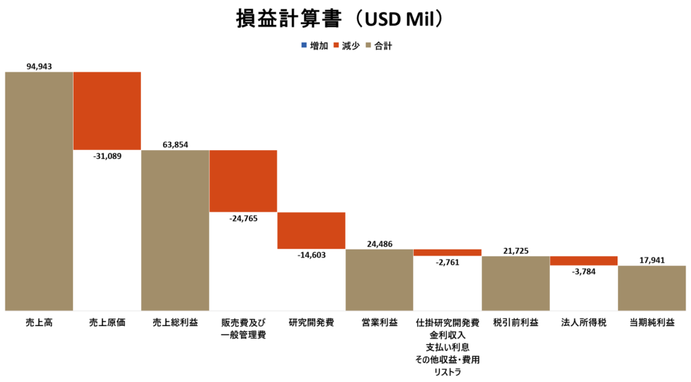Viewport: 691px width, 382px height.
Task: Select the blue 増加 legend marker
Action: click(x=304, y=45)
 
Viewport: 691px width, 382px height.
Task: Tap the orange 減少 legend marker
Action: click(x=336, y=45)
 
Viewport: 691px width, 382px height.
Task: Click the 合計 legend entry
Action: click(x=379, y=45)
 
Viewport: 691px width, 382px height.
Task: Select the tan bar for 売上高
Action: click(x=39, y=191)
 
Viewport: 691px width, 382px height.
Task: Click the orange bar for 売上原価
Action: click(x=107, y=111)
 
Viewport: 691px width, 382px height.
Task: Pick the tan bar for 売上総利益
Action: click(x=175, y=230)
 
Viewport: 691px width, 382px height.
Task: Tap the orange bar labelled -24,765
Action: click(x=243, y=181)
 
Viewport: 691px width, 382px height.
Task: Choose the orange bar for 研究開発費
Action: click(x=311, y=231)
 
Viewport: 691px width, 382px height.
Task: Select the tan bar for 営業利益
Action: click(x=379, y=279)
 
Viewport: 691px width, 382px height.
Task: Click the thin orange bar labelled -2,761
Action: click(x=447, y=253)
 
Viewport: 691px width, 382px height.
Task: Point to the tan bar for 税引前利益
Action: click(x=516, y=283)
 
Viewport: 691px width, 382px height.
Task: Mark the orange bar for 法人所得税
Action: click(x=584, y=260)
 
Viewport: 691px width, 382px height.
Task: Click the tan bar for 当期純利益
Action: click(x=652, y=288)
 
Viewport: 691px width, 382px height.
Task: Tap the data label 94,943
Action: click(x=39, y=66)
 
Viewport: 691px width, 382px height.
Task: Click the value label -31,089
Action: click(x=107, y=156)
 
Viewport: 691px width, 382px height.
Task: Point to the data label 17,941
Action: click(x=652, y=260)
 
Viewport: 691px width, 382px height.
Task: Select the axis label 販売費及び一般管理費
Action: click(x=243, y=329)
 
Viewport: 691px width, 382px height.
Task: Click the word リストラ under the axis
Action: click(x=447, y=372)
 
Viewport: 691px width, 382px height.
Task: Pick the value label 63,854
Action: click(x=175, y=145)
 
